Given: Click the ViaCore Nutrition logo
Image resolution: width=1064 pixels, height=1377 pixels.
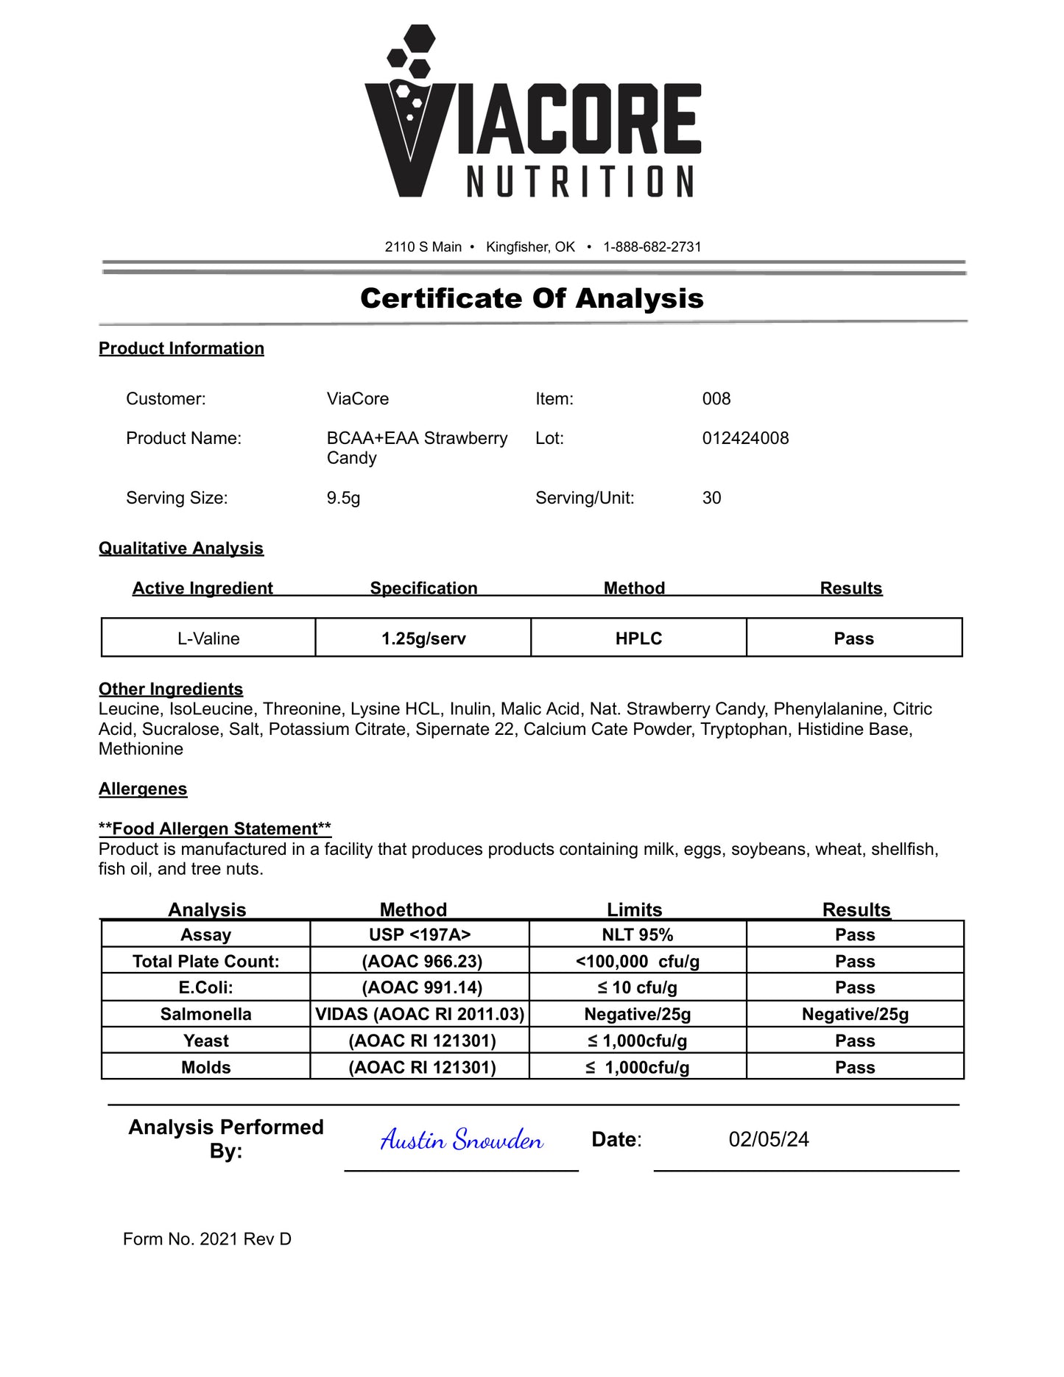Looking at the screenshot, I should pos(532,114).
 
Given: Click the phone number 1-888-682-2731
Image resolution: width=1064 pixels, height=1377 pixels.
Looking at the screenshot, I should pos(652,247).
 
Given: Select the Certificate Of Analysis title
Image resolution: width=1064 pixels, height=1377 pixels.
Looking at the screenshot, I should pos(532,298).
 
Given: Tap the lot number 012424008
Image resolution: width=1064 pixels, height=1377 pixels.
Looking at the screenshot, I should pos(745,438).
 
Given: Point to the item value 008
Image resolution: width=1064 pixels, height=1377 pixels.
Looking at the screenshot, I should pos(716,398).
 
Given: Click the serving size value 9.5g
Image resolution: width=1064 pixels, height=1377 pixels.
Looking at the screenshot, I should pos(343,498).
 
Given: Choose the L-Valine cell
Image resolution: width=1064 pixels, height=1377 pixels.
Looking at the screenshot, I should pos(208,638).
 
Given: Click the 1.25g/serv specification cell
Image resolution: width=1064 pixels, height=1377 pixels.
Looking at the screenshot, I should pos(423,638).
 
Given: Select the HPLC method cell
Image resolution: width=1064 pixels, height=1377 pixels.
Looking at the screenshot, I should pos(638,638).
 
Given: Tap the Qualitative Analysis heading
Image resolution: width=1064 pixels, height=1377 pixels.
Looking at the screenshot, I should pos(181,549).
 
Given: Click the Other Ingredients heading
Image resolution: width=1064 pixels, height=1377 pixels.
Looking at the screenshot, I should pos(171,689).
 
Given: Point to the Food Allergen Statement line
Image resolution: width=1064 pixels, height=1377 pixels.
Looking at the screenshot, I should pos(215,829).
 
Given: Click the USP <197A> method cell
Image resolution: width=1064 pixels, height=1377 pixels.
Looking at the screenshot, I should pos(420,934).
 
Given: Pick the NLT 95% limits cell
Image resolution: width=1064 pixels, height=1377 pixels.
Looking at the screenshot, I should pos(638,934).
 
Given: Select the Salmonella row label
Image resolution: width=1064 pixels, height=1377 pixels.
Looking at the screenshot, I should pos(206,1014).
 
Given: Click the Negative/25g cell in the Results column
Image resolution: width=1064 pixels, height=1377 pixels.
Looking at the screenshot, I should pos(855,1014).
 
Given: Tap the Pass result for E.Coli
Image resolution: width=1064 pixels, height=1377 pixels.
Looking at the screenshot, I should pos(855,987).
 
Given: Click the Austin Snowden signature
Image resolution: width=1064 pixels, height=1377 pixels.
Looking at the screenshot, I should pos(462,1140).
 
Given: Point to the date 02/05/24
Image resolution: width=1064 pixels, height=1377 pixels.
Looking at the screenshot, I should pos(769,1140).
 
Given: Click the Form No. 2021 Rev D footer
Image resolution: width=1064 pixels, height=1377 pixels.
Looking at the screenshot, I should pos(207,1239).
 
